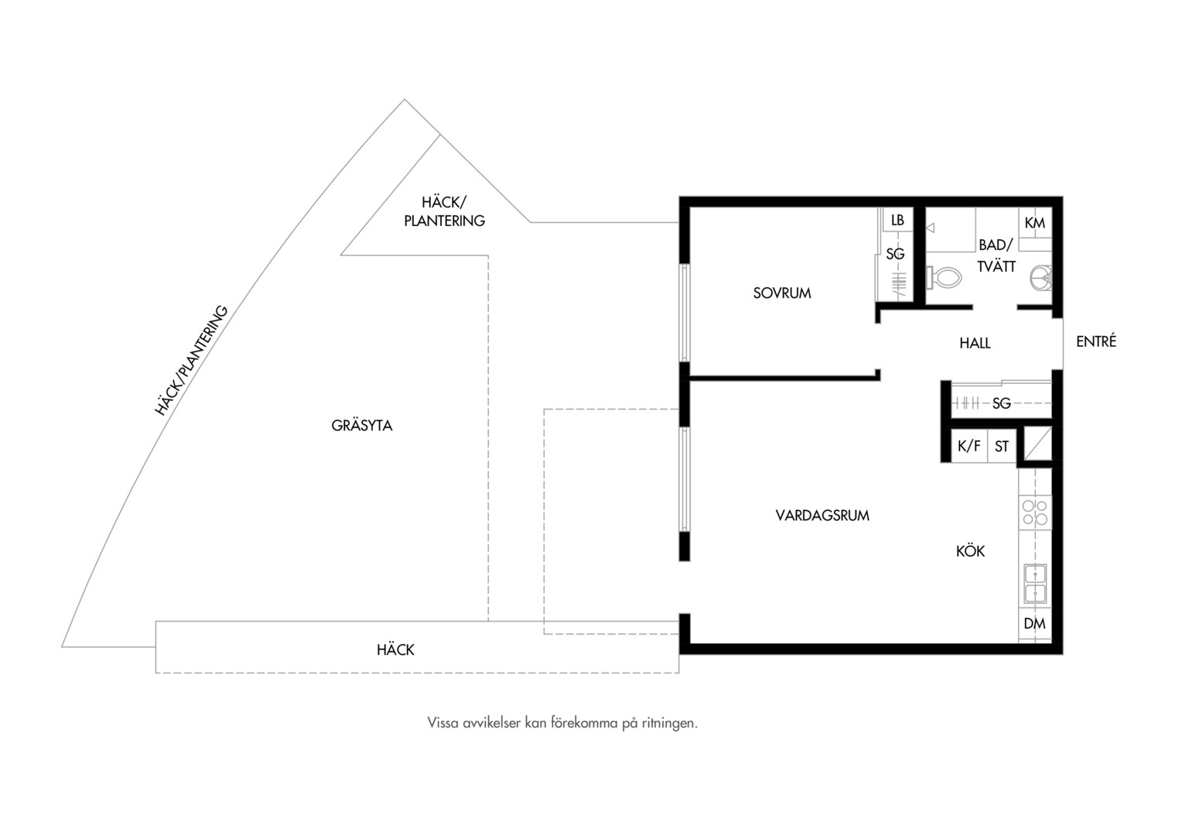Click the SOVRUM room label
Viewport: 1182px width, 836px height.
click(x=782, y=293)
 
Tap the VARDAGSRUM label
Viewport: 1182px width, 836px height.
click(x=822, y=516)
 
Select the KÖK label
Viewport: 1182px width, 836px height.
click(x=970, y=551)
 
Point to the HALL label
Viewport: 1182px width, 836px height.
click(x=975, y=343)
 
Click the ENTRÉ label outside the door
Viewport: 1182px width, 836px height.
click(x=1096, y=341)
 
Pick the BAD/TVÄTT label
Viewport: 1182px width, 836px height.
click(x=996, y=255)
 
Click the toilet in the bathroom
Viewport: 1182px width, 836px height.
click(x=944, y=277)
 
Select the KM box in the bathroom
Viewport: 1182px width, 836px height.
click(x=1035, y=224)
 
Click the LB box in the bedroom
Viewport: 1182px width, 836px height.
click(x=897, y=220)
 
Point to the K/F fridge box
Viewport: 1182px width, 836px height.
click(x=968, y=447)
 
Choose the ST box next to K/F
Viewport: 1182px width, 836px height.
click(x=1002, y=447)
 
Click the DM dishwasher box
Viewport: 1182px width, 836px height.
click(x=1035, y=624)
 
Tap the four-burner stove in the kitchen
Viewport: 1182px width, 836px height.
click(x=1035, y=512)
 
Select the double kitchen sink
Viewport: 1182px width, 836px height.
click(x=1035, y=584)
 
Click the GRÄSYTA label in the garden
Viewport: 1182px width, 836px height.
click(x=362, y=426)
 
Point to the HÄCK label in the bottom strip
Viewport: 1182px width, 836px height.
click(x=396, y=649)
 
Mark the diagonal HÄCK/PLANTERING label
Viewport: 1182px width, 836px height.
click(x=191, y=360)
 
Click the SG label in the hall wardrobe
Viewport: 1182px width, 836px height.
click(x=1002, y=403)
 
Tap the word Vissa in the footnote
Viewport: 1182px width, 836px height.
click(x=442, y=722)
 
